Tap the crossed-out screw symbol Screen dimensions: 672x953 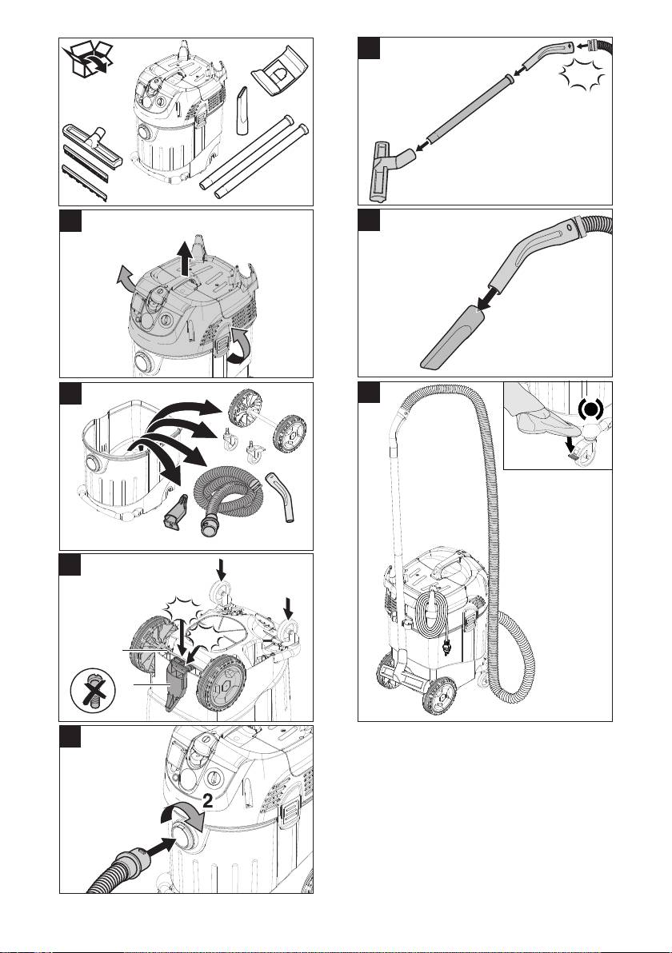pos(93,689)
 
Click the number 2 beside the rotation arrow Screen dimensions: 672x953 pos(207,801)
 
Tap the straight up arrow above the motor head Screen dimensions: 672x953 pos(186,257)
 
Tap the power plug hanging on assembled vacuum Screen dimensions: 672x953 pos(447,645)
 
